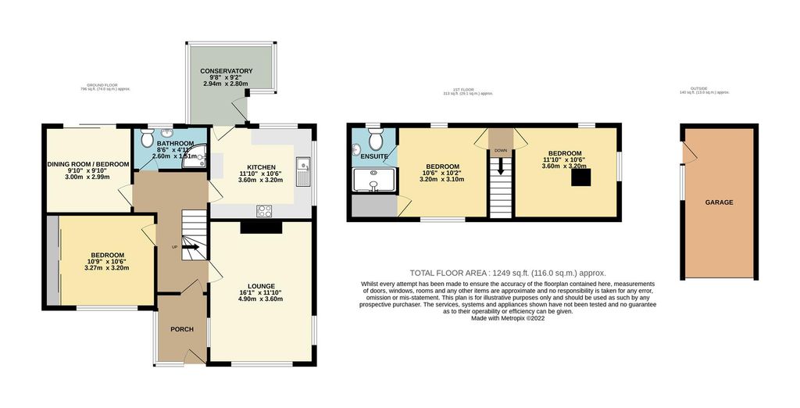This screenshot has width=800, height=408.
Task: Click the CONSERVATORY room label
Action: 226,71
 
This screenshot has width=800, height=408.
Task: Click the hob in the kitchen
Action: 265,210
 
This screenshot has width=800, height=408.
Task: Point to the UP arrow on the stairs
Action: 189,249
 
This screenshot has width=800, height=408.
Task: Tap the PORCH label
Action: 181,328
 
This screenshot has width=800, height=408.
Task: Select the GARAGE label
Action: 720,202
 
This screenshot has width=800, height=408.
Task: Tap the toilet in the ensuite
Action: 374,139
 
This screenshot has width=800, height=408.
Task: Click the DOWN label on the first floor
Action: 499,151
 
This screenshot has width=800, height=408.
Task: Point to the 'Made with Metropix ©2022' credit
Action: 508,318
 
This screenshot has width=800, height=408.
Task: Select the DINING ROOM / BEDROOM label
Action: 87,163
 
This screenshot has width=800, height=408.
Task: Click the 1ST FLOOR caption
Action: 468,91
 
